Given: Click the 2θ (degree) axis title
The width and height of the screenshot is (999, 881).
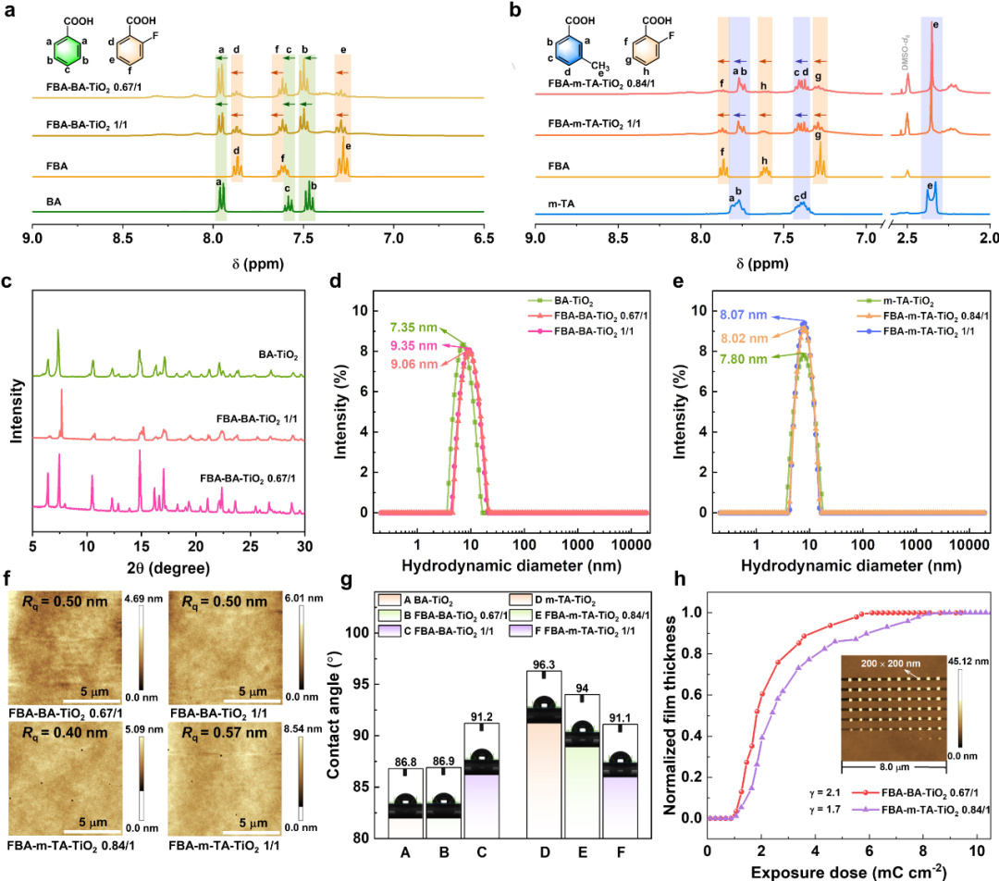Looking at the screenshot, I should pyautogui.click(x=169, y=567).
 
